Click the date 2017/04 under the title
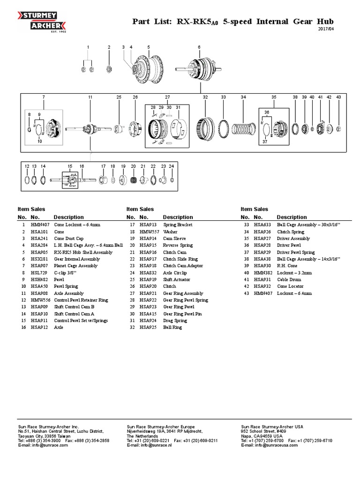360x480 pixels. tap(327, 30)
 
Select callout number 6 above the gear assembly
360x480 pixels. tap(199, 47)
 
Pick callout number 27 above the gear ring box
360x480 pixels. tap(167, 97)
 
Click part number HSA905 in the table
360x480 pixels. tap(39, 252)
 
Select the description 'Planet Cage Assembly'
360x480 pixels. tap(75, 266)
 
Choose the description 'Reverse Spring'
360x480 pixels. tap(178, 245)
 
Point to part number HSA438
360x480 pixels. tap(262, 259)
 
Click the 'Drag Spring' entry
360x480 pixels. tap(175, 321)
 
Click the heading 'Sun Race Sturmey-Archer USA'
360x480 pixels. tap(272, 427)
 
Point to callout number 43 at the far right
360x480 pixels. tap(338, 97)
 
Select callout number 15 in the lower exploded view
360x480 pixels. tap(70, 166)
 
